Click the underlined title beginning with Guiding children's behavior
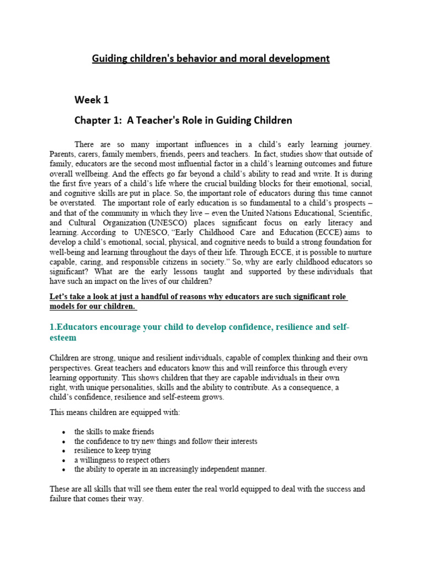point(210,58)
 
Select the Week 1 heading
point(92,99)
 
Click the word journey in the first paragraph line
point(356,144)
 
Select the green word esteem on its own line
point(65,338)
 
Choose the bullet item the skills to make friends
point(114,432)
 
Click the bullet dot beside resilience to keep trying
point(64,451)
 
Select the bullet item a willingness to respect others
point(122,460)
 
